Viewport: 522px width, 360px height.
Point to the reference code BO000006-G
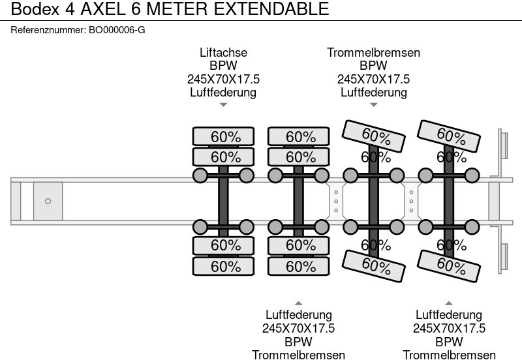[x=116, y=30]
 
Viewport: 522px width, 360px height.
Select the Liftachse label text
[x=223, y=53]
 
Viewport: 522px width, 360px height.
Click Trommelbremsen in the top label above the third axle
[x=373, y=53]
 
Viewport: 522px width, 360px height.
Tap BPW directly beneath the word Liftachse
[x=223, y=66]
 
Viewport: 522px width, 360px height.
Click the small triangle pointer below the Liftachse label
[x=223, y=104]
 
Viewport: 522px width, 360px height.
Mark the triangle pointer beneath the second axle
[x=298, y=303]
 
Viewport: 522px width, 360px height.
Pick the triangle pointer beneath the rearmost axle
[x=448, y=303]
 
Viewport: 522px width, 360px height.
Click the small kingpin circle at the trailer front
[x=48, y=202]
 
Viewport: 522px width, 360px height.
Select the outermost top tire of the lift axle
[x=223, y=136]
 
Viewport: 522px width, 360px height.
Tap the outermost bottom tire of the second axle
[x=298, y=266]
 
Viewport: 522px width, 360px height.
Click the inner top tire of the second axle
[x=298, y=157]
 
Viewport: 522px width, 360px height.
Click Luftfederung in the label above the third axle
[x=373, y=92]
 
